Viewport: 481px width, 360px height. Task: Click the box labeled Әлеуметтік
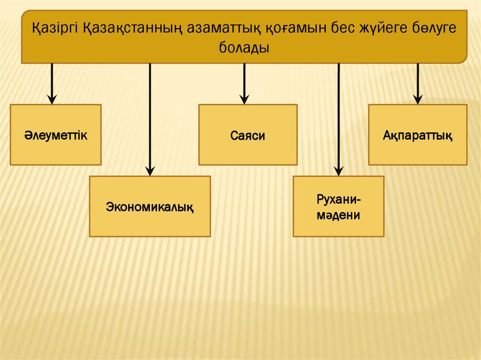coord(55,135)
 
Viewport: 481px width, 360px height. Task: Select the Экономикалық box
coord(150,206)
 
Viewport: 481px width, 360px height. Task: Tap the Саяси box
coord(248,135)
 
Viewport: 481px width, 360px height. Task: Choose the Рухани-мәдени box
coord(338,207)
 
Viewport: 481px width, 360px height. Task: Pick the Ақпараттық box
coord(417,135)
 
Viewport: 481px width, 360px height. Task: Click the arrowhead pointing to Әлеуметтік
coord(52,99)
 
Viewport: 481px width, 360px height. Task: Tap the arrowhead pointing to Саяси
coord(244,99)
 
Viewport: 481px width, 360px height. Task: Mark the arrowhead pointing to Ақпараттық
coord(418,99)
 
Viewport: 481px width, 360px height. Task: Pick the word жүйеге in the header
coord(369,29)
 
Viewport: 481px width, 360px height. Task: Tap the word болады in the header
coord(244,47)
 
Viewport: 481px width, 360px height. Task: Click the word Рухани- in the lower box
coord(339,199)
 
